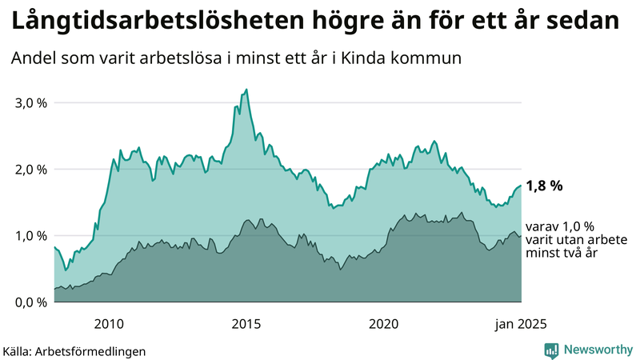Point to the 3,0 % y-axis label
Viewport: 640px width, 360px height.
coord(30,103)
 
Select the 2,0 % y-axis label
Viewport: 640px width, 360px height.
coord(30,170)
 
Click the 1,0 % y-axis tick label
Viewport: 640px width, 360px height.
coord(30,236)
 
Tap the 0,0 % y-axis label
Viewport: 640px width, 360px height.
coord(30,302)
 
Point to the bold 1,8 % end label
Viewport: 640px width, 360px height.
coord(544,186)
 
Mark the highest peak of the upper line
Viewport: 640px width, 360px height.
coord(246,90)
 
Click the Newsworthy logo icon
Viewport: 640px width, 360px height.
coord(551,350)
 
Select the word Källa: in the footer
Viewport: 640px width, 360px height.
coord(22,350)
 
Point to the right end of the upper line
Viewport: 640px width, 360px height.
coord(522,186)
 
